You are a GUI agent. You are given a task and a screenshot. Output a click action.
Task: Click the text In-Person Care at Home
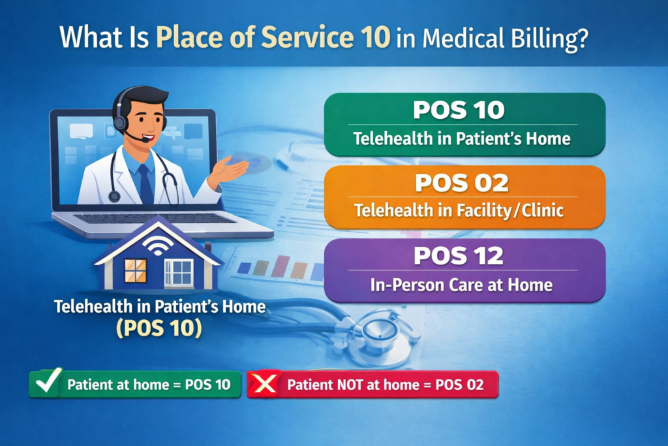462,285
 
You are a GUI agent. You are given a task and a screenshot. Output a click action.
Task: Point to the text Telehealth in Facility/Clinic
462,212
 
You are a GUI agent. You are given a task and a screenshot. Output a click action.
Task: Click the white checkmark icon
46,383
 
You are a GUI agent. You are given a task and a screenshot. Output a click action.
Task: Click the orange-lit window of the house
136,270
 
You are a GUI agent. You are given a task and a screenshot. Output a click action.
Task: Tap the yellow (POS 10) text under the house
159,327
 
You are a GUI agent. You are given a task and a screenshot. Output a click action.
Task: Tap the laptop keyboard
163,218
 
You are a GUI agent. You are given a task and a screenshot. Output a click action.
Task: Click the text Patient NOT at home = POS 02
386,385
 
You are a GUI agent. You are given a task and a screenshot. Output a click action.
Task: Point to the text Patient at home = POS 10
149,385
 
